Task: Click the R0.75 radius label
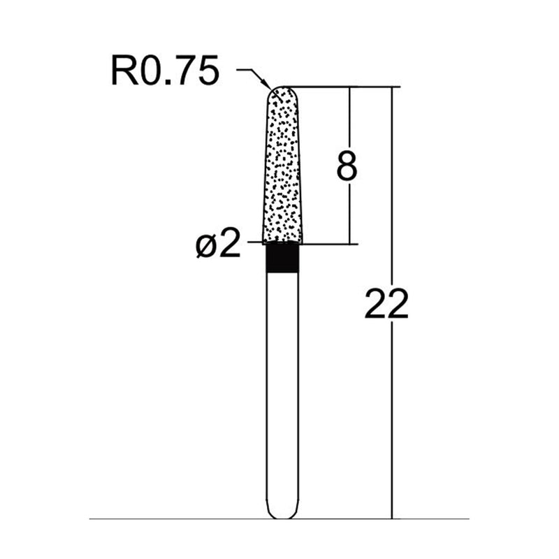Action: click(x=165, y=72)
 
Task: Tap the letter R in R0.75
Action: click(x=123, y=72)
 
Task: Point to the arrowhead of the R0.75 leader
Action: click(x=270, y=86)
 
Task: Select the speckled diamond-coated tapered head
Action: click(x=283, y=168)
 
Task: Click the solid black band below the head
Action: click(x=283, y=258)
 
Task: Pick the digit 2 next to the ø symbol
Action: click(x=230, y=245)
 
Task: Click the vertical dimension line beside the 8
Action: click(x=350, y=210)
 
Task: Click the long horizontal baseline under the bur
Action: click(x=175, y=519)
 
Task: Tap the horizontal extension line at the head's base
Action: click(x=328, y=244)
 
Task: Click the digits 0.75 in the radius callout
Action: click(x=176, y=72)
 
